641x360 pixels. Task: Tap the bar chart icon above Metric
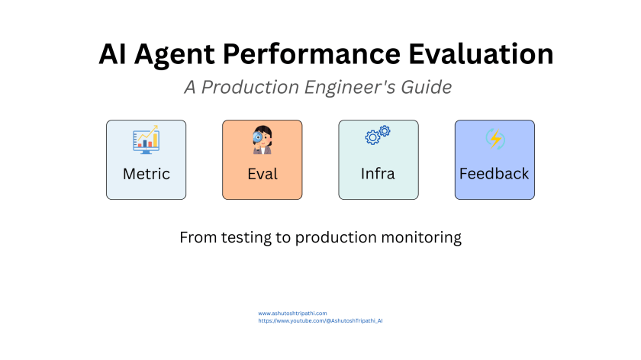[146, 140]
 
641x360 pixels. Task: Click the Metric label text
[146, 174]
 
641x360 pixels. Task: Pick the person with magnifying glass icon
[262, 140]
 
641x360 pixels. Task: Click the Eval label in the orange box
[262, 174]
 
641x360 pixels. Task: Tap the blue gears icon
[378, 136]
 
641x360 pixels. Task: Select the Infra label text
[378, 174]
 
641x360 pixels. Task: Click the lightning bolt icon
[494, 140]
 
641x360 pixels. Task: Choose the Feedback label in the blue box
[494, 174]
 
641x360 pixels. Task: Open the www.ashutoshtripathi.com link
[292, 313]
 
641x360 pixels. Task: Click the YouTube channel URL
[320, 321]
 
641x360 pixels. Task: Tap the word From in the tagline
[197, 238]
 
